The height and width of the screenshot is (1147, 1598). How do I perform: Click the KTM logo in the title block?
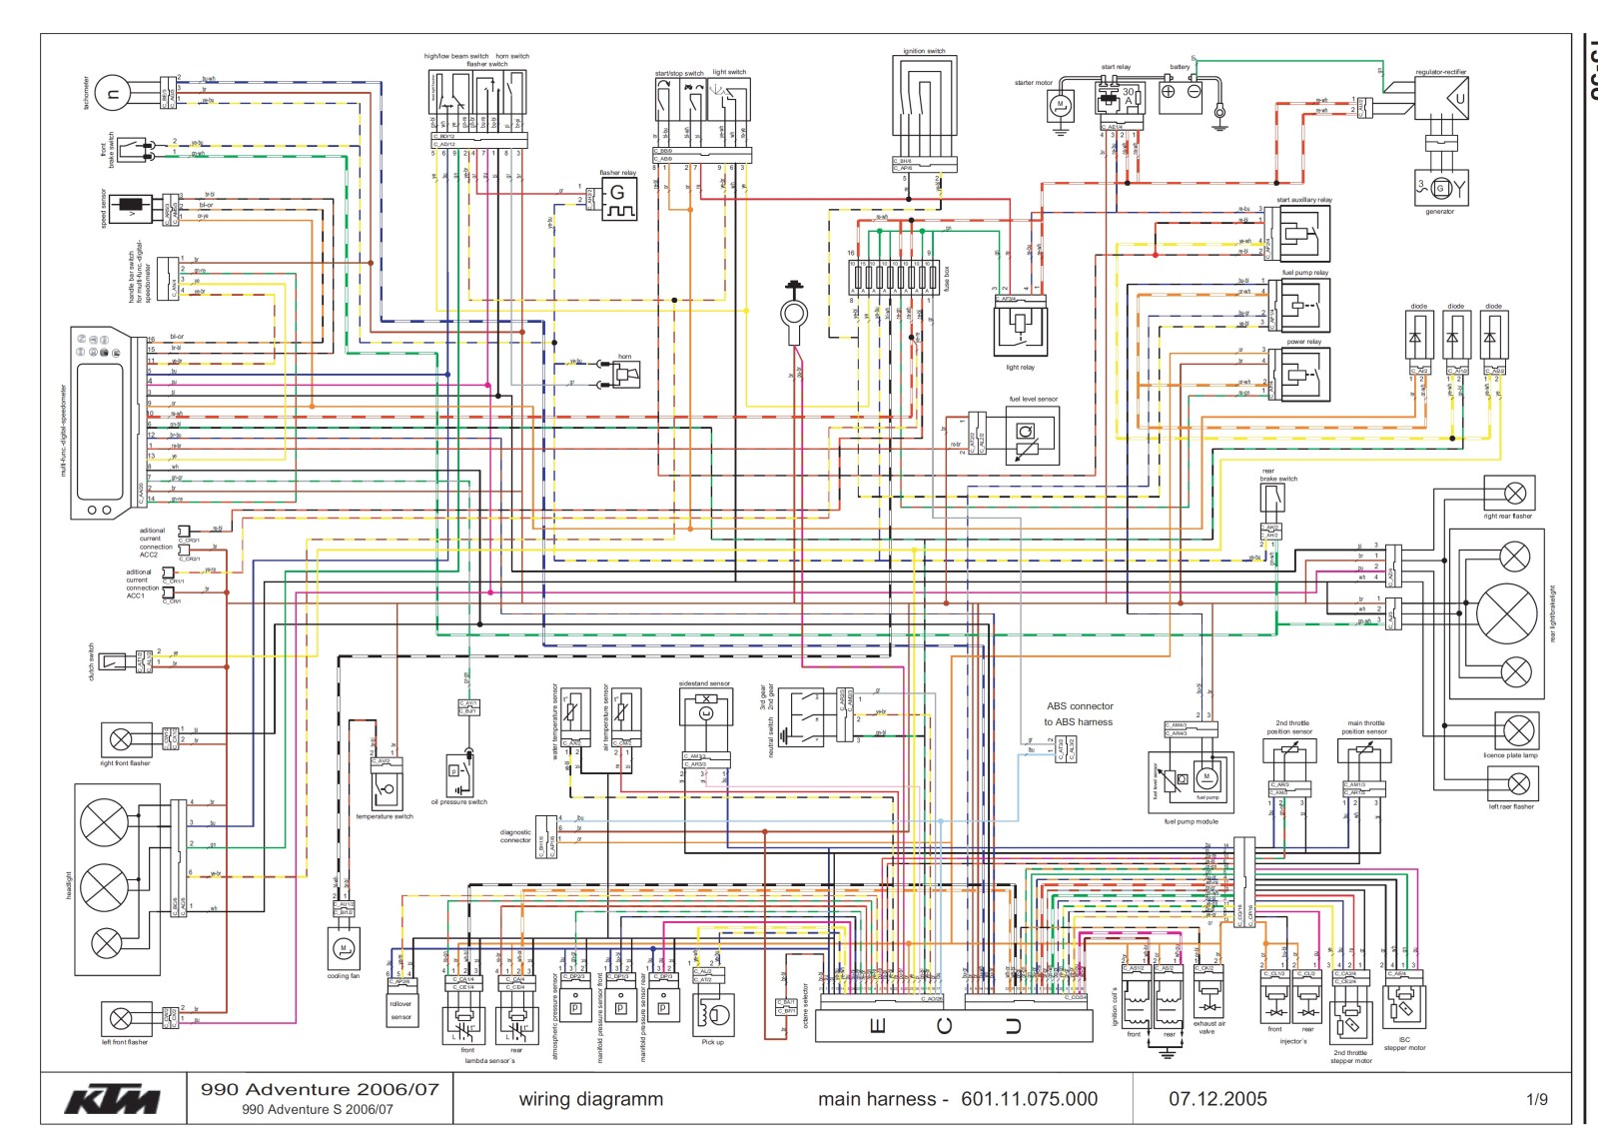[x=112, y=1100]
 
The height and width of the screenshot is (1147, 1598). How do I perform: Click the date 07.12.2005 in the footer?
[x=1217, y=1099]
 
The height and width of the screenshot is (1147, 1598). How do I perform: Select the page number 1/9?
[x=1536, y=1100]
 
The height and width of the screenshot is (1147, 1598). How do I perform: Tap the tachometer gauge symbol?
[x=113, y=95]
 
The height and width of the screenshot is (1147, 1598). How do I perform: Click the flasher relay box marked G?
[x=618, y=200]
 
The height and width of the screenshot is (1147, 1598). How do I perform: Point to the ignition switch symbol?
[x=924, y=105]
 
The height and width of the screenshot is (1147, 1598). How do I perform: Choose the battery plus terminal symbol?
[x=1168, y=92]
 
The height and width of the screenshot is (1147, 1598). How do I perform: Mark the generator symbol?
[x=1440, y=187]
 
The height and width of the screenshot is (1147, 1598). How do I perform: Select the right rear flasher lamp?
[x=1514, y=493]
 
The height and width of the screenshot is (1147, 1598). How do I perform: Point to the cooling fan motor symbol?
[x=343, y=948]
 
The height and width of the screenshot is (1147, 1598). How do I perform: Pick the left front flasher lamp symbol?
[x=121, y=1019]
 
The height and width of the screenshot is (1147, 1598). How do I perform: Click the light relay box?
[x=1020, y=328]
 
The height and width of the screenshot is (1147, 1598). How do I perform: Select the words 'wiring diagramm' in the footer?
[x=590, y=1100]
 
